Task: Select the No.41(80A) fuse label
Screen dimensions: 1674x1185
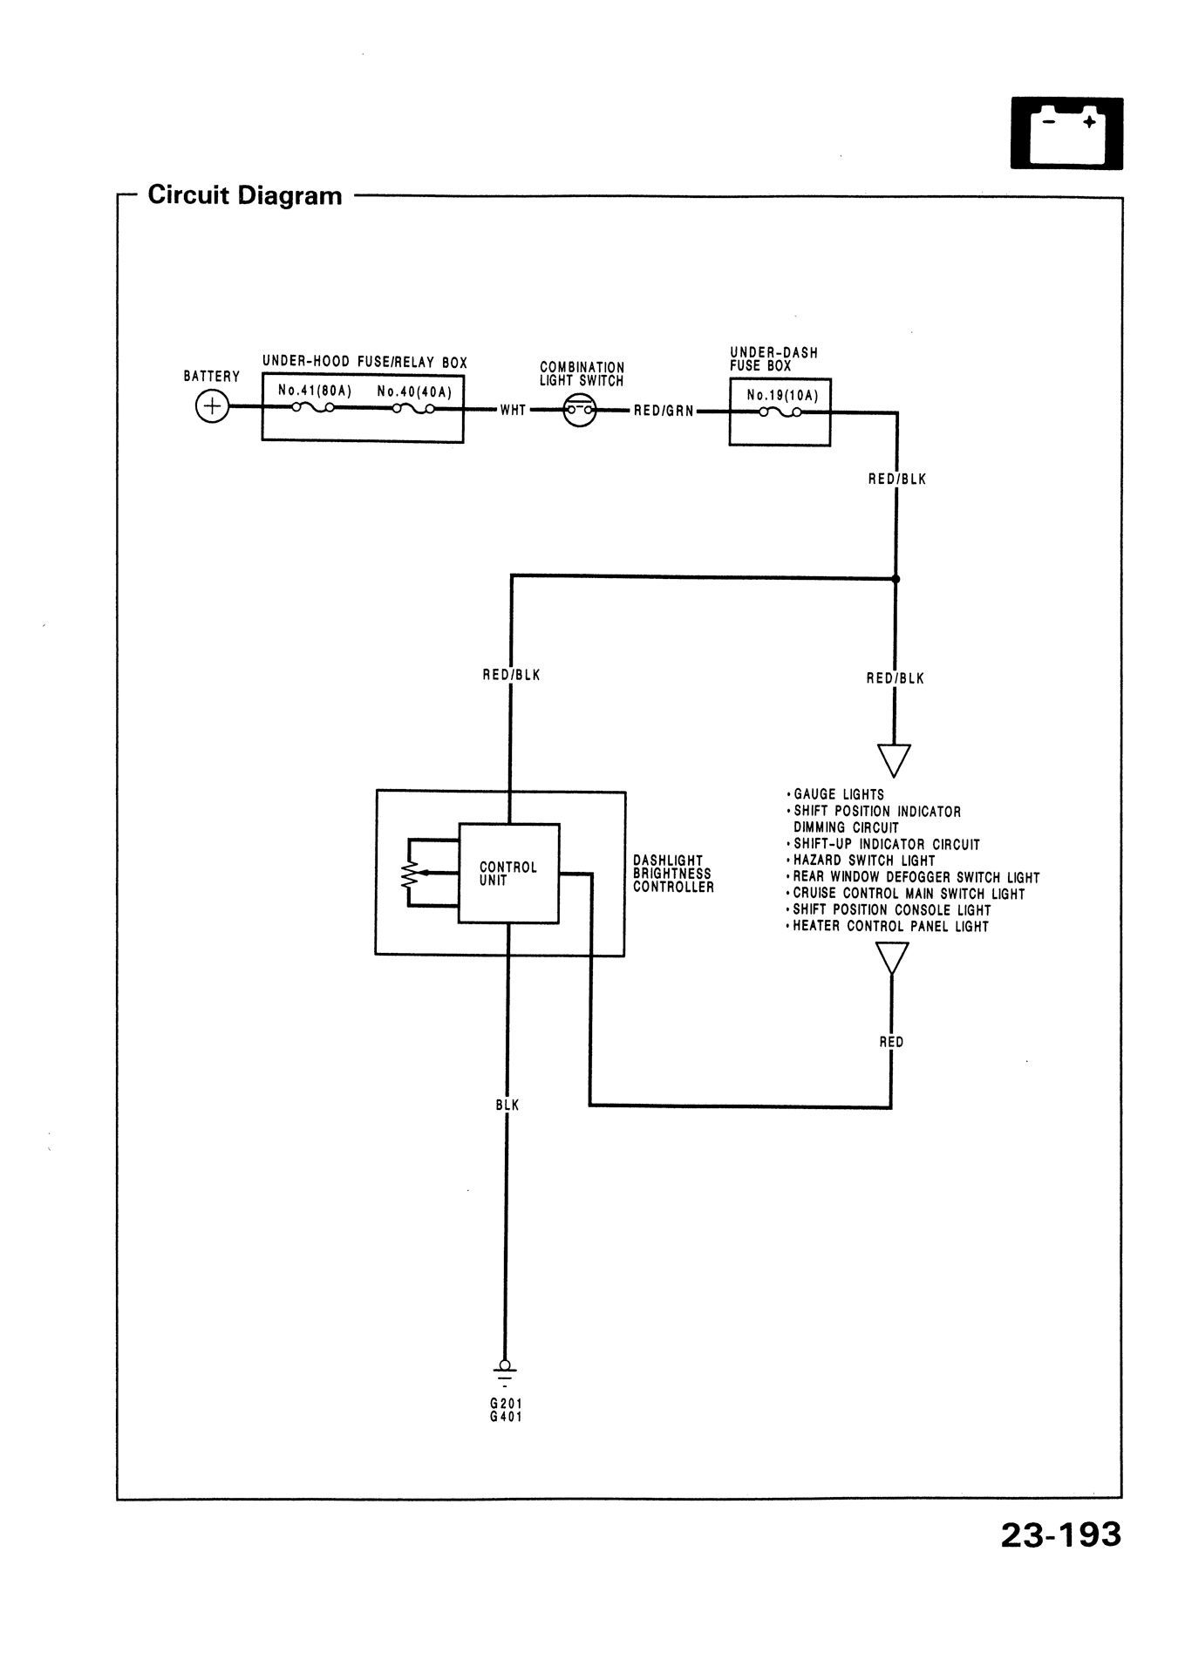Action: (315, 391)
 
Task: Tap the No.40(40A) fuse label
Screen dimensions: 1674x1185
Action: (414, 391)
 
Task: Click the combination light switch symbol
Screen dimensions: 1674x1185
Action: (579, 410)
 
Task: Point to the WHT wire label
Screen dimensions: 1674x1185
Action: (513, 410)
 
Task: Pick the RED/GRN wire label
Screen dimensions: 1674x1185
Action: (664, 410)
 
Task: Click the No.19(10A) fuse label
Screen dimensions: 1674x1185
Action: (782, 395)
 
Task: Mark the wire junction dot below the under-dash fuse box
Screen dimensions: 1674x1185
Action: (896, 578)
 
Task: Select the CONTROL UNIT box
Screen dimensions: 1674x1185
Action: (509, 873)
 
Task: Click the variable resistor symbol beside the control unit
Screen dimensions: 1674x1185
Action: (410, 873)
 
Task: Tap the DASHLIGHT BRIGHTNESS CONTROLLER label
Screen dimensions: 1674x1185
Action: (673, 874)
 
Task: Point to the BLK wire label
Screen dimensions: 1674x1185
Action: (507, 1105)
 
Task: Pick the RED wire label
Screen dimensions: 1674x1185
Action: (891, 1042)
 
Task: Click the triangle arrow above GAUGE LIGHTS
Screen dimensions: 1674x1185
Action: (894, 759)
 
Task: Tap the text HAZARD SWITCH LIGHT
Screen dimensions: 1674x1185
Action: (863, 861)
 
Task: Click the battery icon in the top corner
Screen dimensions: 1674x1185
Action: (1066, 133)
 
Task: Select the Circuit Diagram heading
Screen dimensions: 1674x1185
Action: (245, 194)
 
